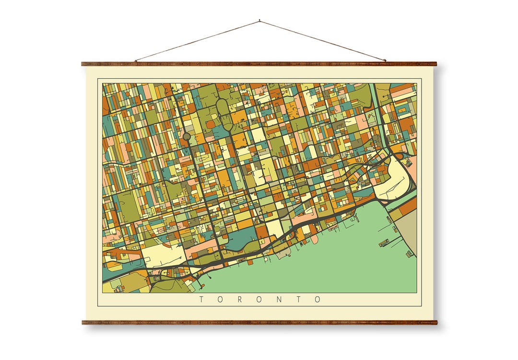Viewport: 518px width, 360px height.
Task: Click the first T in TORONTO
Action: tap(201, 300)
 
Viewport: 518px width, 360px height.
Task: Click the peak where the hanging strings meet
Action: tap(259, 21)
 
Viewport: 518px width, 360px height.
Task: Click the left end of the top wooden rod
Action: tap(83, 63)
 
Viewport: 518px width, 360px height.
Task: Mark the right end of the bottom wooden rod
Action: tap(436, 322)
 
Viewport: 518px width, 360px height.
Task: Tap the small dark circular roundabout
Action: tap(187, 137)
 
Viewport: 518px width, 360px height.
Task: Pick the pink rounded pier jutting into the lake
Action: tap(315, 239)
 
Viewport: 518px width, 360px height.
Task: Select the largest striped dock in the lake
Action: tap(384, 243)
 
